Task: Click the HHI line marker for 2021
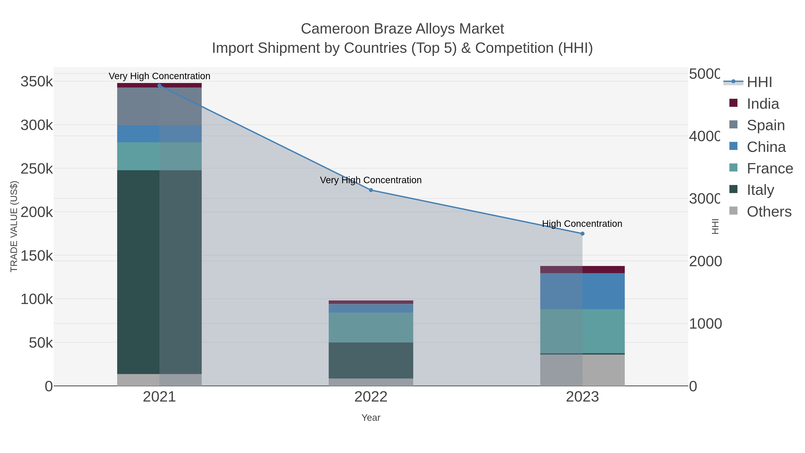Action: (x=159, y=85)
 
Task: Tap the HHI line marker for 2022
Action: (x=371, y=190)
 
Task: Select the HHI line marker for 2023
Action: (x=582, y=234)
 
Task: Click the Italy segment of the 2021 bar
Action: (x=159, y=272)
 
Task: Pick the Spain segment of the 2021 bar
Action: (x=159, y=106)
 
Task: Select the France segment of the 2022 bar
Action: (x=371, y=327)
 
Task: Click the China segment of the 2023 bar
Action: (x=582, y=291)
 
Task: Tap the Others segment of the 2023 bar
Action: (x=582, y=370)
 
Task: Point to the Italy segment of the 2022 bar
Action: (x=371, y=360)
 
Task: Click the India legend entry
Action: (x=763, y=104)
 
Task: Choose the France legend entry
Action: (x=769, y=168)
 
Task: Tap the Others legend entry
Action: (x=769, y=212)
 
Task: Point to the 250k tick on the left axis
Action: (x=37, y=169)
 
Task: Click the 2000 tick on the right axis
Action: (x=705, y=261)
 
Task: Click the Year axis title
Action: (x=371, y=418)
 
